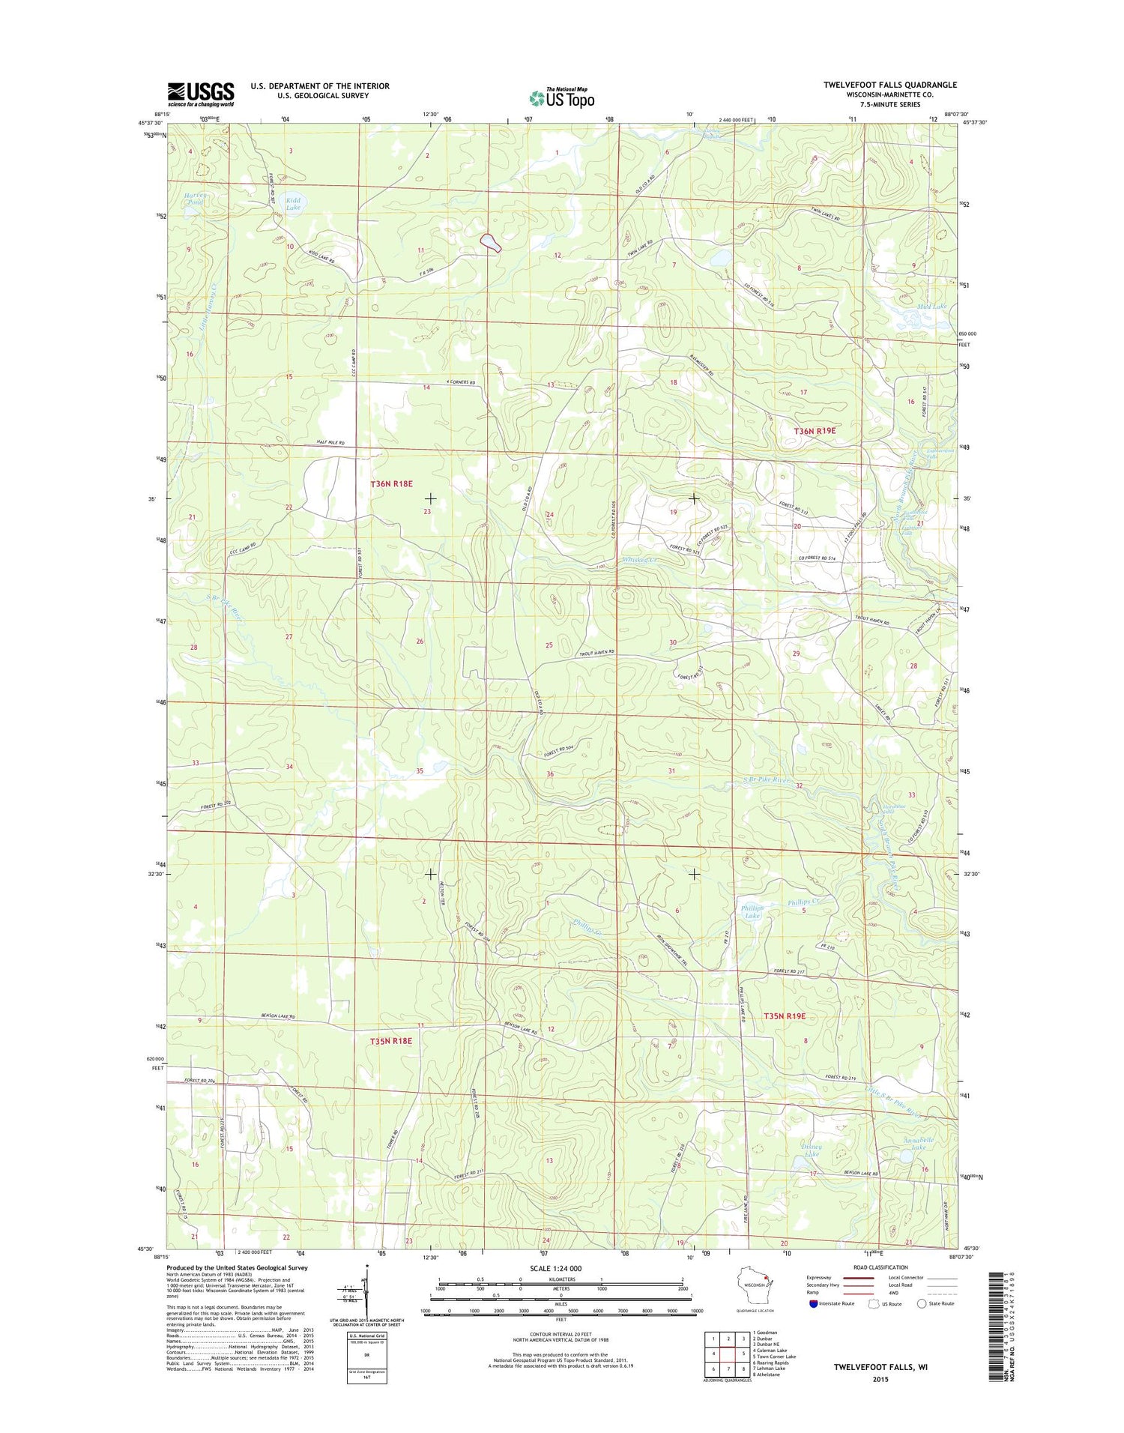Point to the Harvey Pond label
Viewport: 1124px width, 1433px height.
(x=194, y=199)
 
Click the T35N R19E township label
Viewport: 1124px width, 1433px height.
(x=784, y=1016)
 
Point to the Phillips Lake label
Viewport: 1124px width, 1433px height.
(x=752, y=911)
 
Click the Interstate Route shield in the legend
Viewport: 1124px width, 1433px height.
(x=814, y=1303)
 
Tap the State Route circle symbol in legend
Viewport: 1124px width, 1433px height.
(x=922, y=1303)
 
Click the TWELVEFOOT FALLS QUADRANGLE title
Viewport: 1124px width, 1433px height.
(x=889, y=85)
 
